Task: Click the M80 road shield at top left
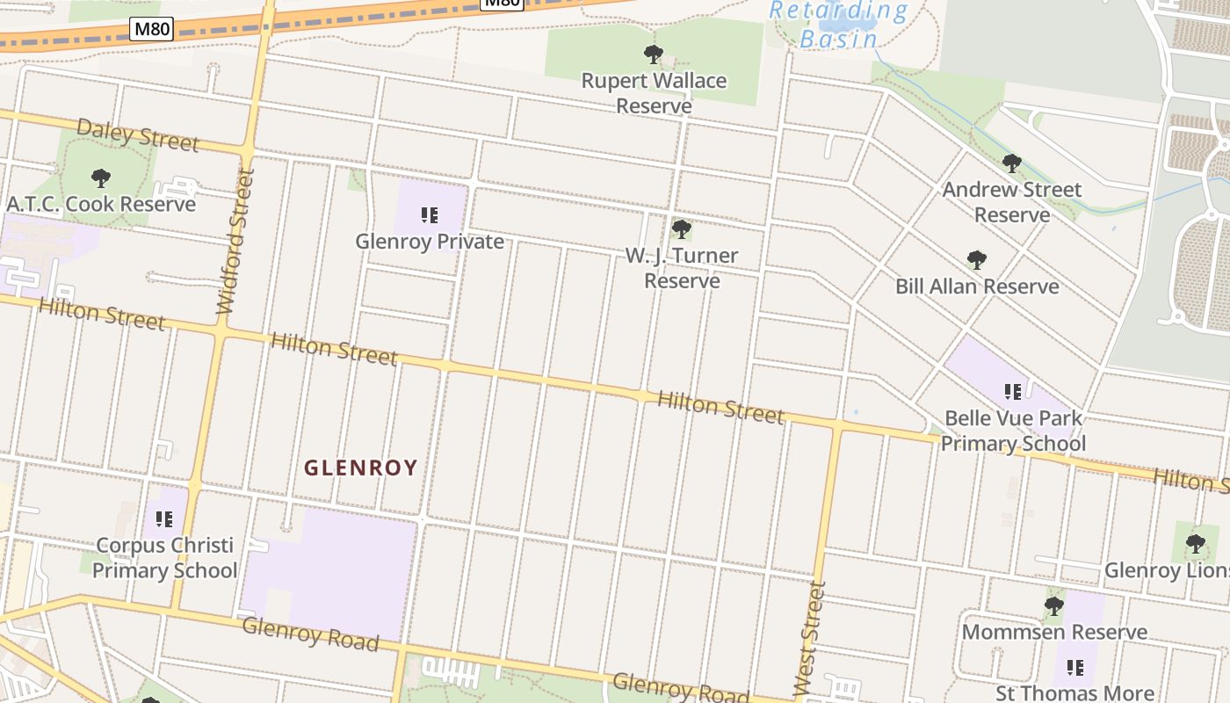151,30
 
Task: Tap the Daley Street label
138,135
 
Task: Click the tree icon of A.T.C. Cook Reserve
101,178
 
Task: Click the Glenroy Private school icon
430,215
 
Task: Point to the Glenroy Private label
430,242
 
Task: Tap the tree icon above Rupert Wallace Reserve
653,54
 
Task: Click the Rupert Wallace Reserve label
654,93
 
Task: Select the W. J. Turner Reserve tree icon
681,229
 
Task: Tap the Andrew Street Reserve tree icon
1012,163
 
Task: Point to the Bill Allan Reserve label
977,286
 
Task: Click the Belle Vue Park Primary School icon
1012,391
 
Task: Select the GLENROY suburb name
361,467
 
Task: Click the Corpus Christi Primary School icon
163,519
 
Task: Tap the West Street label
809,639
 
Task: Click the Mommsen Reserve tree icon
1054,605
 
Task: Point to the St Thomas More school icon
1075,668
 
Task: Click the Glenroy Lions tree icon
1195,544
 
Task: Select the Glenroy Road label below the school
310,634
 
